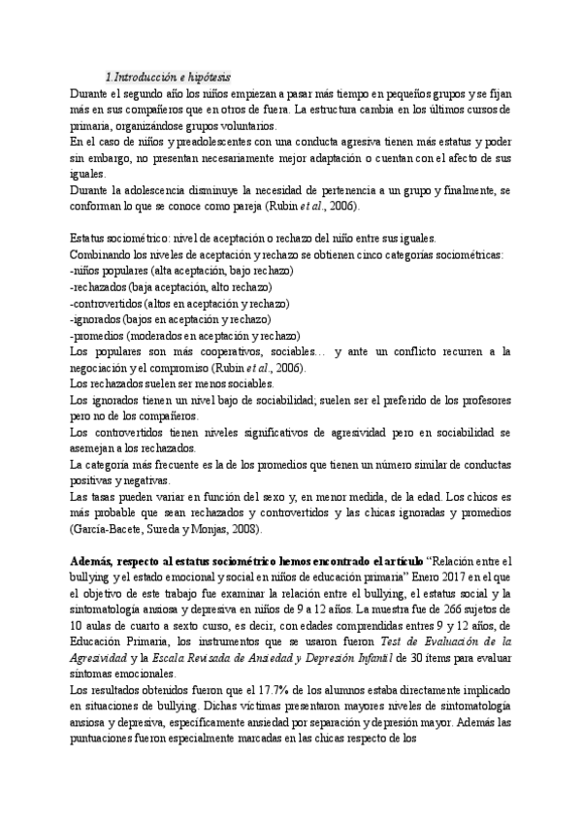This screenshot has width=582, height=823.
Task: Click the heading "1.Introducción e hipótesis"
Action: click(x=167, y=77)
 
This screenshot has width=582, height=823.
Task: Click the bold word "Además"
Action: click(x=94, y=561)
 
